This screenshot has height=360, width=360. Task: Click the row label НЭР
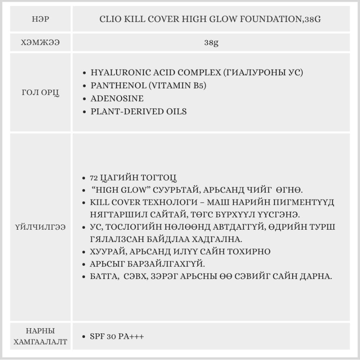click(40, 19)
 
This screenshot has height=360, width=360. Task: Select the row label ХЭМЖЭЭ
click(40, 43)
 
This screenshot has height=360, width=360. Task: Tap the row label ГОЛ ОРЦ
click(40, 92)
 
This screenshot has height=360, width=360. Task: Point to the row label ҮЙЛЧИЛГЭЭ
click(40, 228)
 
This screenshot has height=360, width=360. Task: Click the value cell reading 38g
click(211, 43)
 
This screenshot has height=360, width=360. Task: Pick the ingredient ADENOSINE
click(117, 98)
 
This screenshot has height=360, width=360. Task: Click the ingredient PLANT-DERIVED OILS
click(139, 111)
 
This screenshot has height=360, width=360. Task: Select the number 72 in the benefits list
click(94, 178)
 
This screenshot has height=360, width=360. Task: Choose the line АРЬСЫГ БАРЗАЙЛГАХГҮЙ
click(147, 264)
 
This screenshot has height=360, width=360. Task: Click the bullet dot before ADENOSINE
click(84, 99)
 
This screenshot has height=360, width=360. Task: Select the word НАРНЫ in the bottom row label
click(40, 331)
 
